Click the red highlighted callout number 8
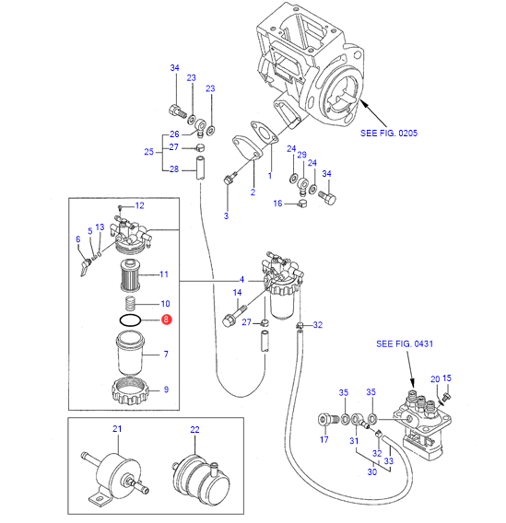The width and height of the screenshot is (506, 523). (166, 320)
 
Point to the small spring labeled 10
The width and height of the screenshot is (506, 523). (131, 304)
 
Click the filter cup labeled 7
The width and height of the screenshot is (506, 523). (130, 353)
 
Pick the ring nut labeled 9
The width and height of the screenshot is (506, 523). (130, 390)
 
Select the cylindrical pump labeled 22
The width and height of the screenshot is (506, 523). (201, 479)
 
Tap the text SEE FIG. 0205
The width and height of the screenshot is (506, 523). (389, 134)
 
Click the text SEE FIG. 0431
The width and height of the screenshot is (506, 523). (405, 343)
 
